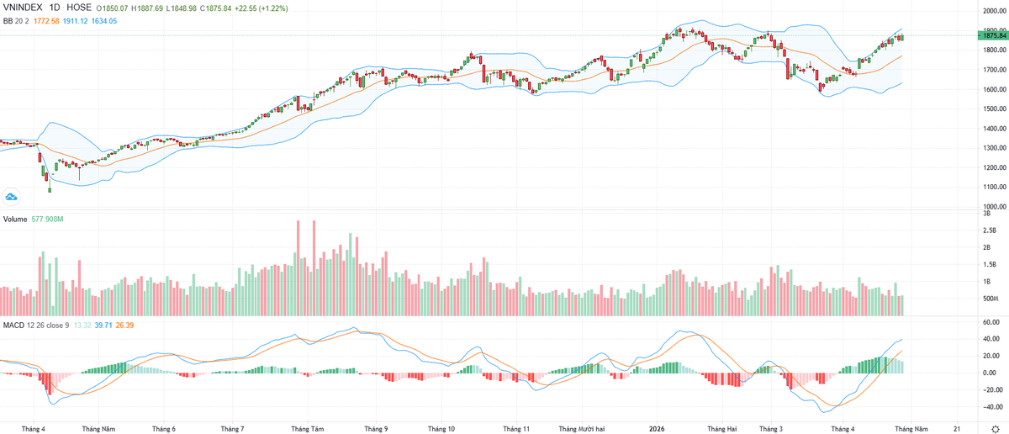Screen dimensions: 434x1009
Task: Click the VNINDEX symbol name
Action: pyautogui.click(x=24, y=7)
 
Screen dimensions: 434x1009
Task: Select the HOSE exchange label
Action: pyautogui.click(x=79, y=7)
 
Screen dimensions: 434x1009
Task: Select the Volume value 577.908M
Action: pyautogui.click(x=49, y=219)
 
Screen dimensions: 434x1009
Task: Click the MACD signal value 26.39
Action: pyautogui.click(x=126, y=325)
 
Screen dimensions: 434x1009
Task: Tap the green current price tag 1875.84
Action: pyautogui.click(x=993, y=35)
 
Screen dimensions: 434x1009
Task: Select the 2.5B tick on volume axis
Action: pyautogui.click(x=990, y=230)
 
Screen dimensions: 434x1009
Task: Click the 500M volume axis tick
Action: pyautogui.click(x=990, y=299)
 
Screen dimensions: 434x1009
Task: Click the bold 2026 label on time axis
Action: pyautogui.click(x=659, y=428)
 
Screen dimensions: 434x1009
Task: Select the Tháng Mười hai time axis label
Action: pyautogui.click(x=580, y=428)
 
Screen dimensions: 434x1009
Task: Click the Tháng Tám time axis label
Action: pyautogui.click(x=305, y=428)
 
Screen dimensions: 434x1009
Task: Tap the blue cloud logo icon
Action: pyautogui.click(x=12, y=197)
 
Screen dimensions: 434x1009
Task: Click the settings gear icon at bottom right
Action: pyautogui.click(x=995, y=428)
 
